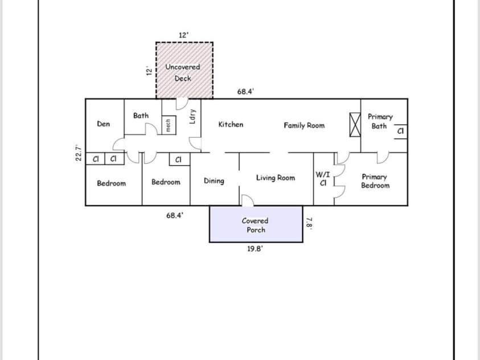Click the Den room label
tap(104, 124)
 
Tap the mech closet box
tap(169, 125)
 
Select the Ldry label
tap(193, 116)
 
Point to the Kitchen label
tap(231, 124)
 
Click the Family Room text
tap(304, 125)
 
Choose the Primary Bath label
tap(380, 121)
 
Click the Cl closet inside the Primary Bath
tap(400, 131)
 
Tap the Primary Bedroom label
tap(375, 181)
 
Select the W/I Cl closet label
tap(323, 179)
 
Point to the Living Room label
tap(276, 178)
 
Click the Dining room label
tap(214, 181)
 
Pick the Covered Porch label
tap(255, 225)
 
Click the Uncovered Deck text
tap(183, 72)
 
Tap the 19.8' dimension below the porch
tap(255, 249)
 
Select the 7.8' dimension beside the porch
tap(310, 223)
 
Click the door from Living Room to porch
tap(248, 200)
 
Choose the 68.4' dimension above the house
tap(245, 91)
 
